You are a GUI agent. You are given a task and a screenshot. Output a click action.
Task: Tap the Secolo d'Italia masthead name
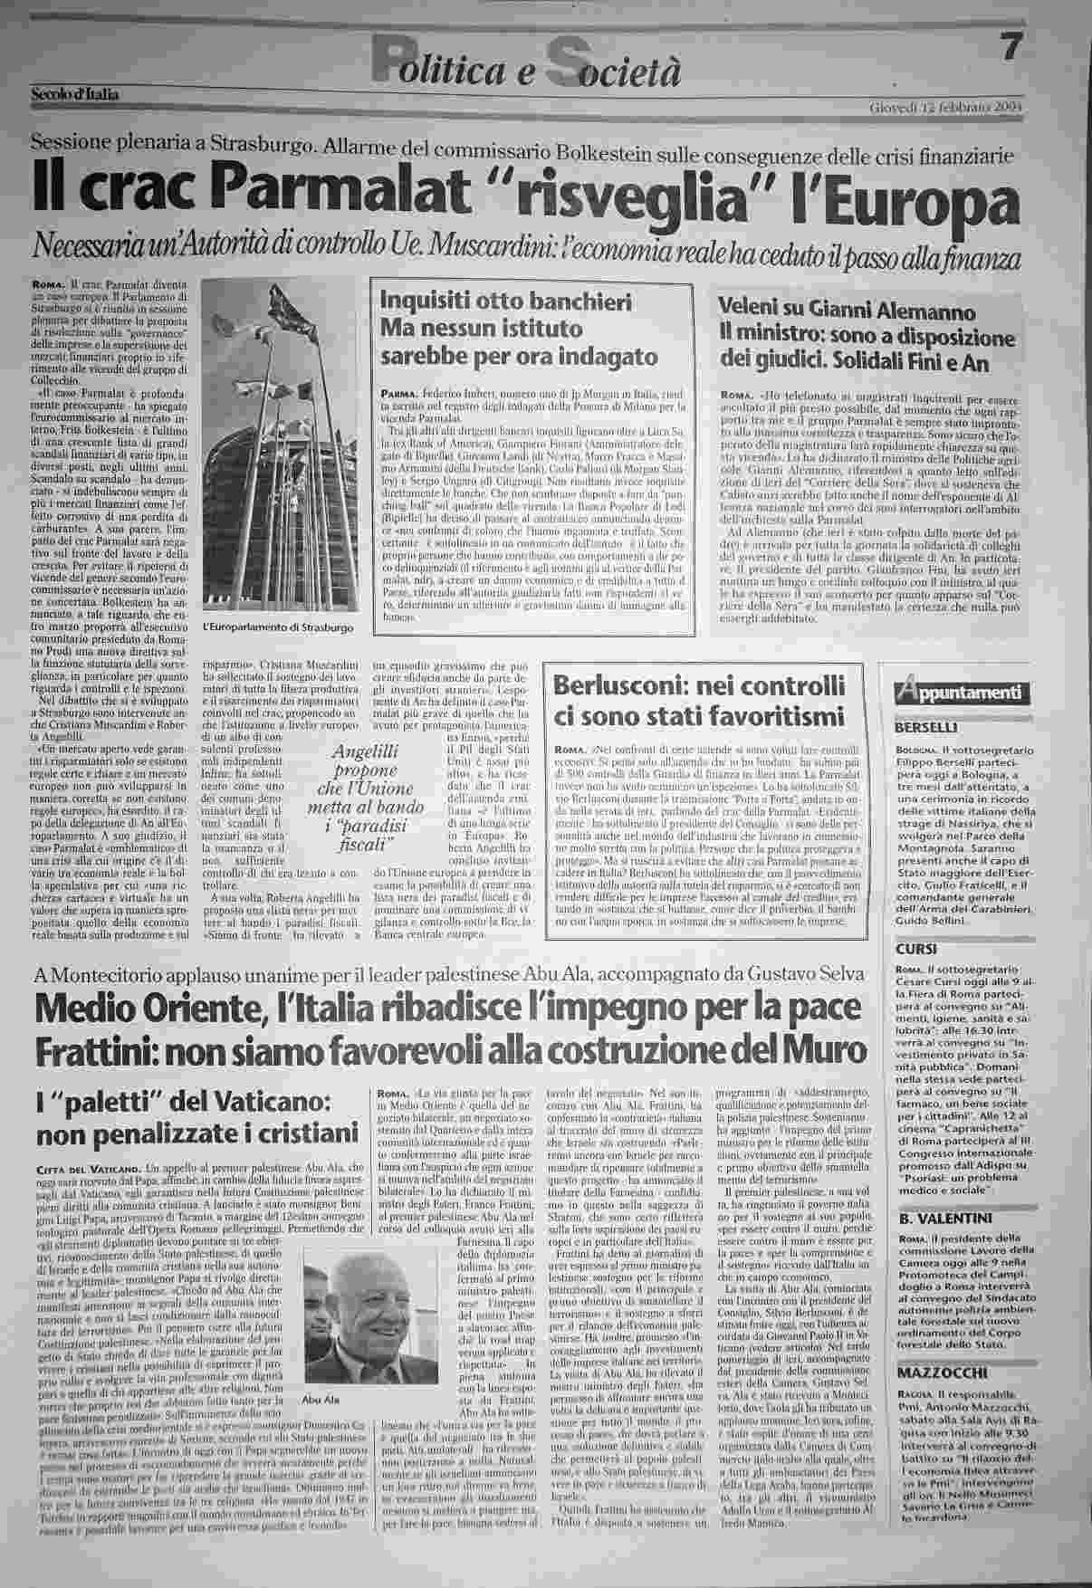(x=75, y=92)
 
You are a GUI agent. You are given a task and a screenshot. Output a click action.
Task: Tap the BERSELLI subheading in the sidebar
(x=927, y=728)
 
